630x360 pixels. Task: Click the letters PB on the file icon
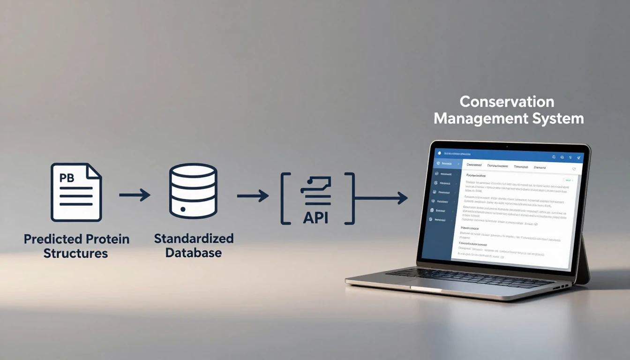(67, 178)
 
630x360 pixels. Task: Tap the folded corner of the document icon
(94, 171)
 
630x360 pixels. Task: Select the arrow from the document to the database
(135, 195)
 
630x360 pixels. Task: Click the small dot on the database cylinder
(183, 209)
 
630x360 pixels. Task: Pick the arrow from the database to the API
(253, 195)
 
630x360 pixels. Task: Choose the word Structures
(75, 254)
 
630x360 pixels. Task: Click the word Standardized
(194, 238)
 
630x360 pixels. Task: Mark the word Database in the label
(194, 253)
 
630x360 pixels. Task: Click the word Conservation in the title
(507, 102)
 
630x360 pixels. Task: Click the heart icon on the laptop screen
(574, 169)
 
